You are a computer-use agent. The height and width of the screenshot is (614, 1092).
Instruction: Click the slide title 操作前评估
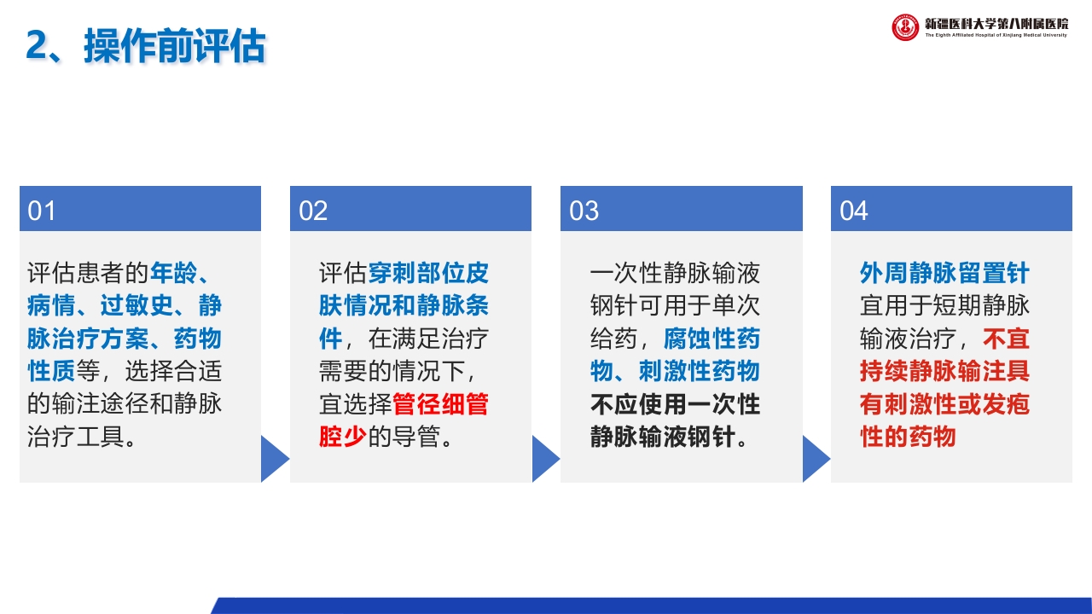click(174, 46)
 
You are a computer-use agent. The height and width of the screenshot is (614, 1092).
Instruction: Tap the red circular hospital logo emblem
click(905, 27)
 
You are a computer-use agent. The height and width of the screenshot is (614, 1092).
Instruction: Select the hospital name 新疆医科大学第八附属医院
click(996, 23)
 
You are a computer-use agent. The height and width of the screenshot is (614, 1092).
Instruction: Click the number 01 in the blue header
click(42, 211)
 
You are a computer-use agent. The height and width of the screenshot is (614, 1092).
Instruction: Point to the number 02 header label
click(313, 211)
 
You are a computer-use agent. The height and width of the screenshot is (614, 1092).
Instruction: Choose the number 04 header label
click(854, 211)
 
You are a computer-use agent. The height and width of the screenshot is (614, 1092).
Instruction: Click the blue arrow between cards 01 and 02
click(274, 459)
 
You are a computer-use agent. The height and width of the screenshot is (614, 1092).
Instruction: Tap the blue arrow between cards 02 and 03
click(544, 459)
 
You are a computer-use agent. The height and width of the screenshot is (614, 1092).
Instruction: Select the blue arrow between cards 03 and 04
click(815, 459)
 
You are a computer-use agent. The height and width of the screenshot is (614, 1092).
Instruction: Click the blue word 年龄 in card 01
click(174, 274)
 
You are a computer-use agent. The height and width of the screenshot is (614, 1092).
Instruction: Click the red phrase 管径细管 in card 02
click(440, 404)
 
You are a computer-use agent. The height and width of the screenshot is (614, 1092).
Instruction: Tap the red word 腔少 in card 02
click(343, 437)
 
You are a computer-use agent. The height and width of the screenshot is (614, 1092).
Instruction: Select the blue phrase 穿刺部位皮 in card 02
click(428, 274)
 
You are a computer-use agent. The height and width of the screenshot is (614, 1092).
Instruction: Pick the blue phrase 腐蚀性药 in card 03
click(712, 339)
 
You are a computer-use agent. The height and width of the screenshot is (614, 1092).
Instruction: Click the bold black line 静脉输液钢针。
click(674, 437)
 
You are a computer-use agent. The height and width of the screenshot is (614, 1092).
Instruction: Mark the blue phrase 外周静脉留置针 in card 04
click(944, 274)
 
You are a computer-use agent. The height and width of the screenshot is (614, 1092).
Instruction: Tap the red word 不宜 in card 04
click(1006, 339)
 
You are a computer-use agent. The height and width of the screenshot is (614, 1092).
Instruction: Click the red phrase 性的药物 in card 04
click(908, 437)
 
